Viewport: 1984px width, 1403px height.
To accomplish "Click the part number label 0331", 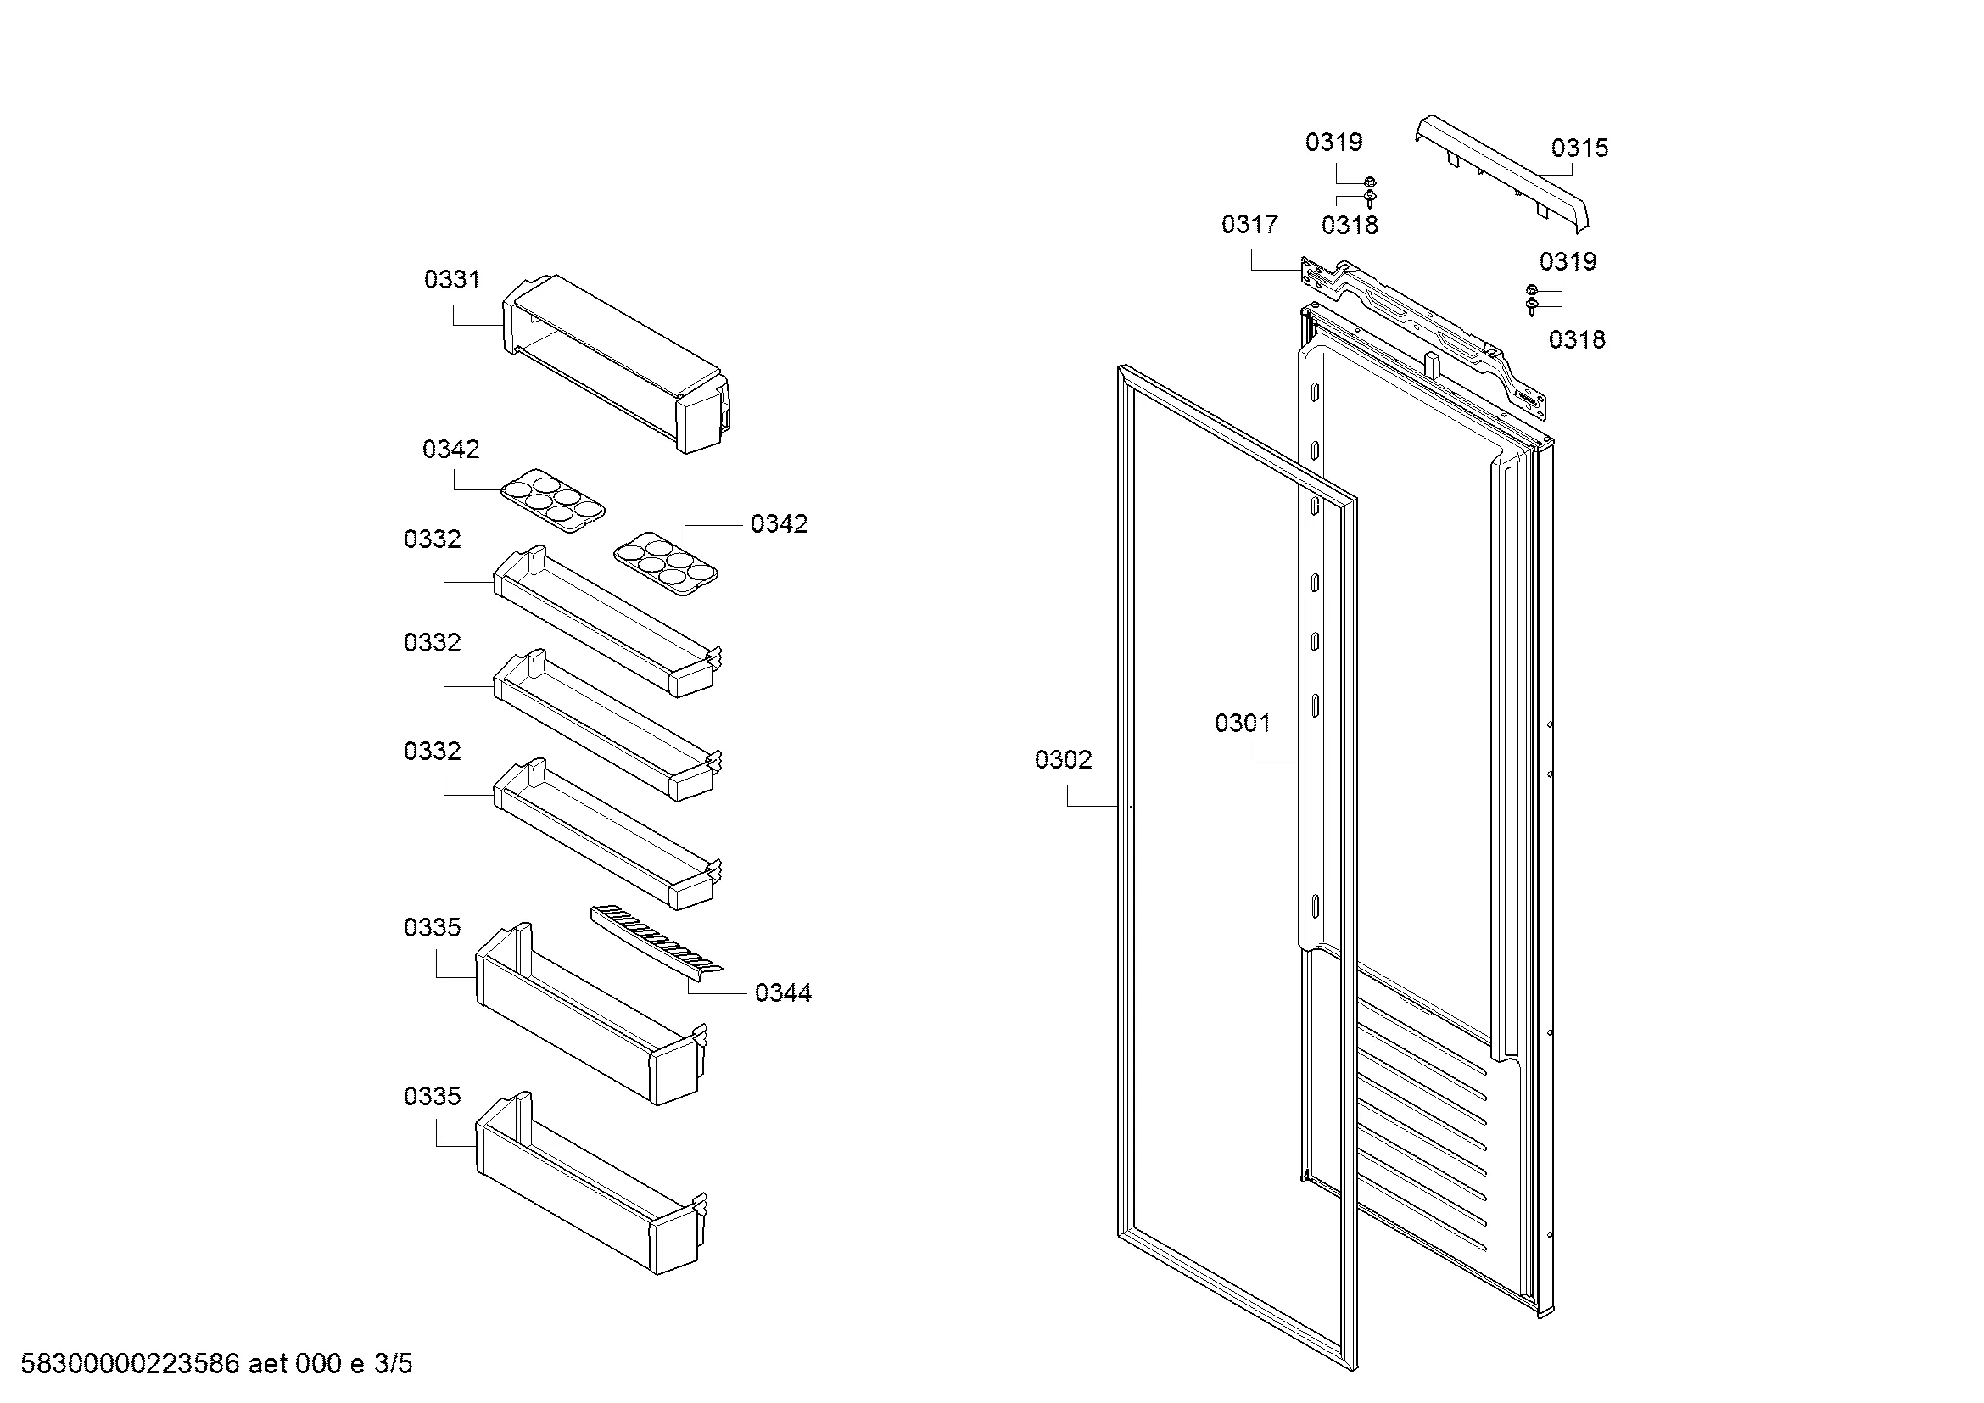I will tap(451, 279).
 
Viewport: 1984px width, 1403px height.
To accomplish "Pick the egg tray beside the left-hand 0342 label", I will tap(553, 500).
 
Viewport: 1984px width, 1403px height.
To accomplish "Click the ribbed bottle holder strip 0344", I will tap(657, 942).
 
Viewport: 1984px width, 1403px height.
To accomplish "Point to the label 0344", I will tap(783, 992).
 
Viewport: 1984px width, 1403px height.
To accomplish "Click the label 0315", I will tap(1579, 148).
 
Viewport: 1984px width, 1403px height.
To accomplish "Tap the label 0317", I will tap(1249, 224).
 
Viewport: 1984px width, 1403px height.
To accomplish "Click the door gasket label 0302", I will tap(1063, 759).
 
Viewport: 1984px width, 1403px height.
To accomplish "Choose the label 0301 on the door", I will tap(1243, 722).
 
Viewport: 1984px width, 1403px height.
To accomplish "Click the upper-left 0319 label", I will tap(1333, 142).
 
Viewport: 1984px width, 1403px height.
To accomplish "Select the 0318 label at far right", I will tap(1576, 339).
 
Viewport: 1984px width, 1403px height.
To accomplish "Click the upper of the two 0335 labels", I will tap(432, 927).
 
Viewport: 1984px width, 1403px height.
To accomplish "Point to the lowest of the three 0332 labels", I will tap(432, 751).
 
